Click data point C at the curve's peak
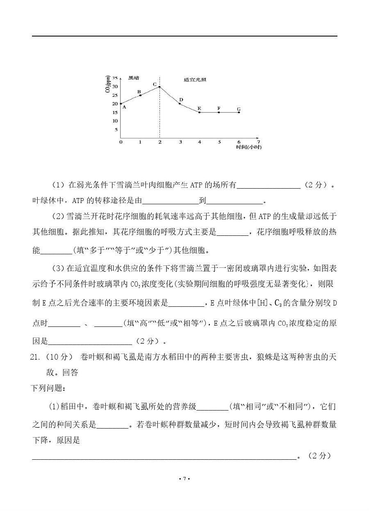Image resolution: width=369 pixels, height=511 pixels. click(x=159, y=87)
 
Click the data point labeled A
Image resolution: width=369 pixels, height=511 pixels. click(x=121, y=104)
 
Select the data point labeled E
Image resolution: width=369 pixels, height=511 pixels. click(x=199, y=112)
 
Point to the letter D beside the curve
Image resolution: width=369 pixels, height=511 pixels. click(x=181, y=100)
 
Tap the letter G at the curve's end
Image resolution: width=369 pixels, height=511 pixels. click(x=239, y=109)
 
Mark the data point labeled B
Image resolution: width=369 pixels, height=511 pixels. click(x=140, y=95)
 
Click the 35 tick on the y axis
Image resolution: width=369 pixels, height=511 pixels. click(x=115, y=78)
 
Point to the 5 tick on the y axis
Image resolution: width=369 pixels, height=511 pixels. click(x=116, y=130)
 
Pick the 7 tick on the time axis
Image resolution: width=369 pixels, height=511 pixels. click(x=258, y=142)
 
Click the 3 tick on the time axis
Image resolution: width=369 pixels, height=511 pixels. click(x=180, y=142)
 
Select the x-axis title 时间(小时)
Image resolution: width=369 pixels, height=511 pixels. click(x=248, y=147)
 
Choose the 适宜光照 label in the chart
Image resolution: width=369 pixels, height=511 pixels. click(x=194, y=79)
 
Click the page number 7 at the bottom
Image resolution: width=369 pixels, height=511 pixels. click(x=184, y=479)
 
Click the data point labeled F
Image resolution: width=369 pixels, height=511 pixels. click(x=219, y=112)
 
